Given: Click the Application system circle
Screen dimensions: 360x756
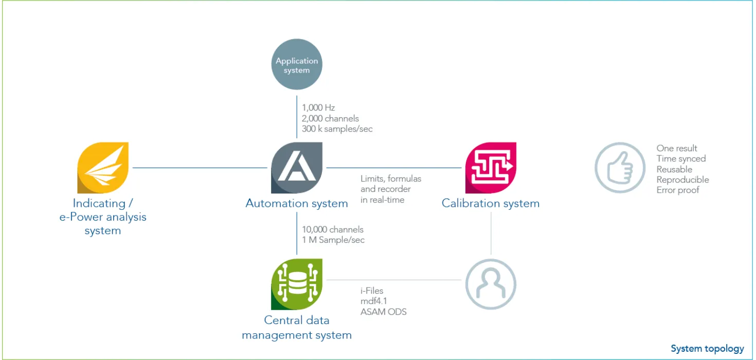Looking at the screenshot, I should (297, 65).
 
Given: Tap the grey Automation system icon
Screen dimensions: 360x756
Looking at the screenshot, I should (297, 168).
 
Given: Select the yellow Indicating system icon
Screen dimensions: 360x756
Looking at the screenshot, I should (103, 168).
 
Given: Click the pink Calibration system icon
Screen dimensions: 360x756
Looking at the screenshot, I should (491, 168).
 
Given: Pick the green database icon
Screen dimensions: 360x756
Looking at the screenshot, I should (297, 284).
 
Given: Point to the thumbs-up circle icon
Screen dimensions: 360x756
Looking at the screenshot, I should (620, 168).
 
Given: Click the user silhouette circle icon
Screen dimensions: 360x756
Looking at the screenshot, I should (491, 284).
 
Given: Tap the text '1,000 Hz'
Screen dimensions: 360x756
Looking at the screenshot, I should (318, 109).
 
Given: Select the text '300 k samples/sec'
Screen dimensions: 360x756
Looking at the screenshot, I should (337, 129).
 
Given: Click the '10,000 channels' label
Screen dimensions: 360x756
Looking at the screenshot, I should (333, 229).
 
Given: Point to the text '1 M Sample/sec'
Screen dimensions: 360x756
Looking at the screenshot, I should (333, 240).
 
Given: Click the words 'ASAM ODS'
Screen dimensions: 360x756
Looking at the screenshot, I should (383, 311).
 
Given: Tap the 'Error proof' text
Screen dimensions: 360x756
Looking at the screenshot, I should (678, 190).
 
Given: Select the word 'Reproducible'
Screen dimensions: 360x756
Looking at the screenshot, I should (682, 179).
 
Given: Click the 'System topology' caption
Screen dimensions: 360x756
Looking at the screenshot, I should (707, 349).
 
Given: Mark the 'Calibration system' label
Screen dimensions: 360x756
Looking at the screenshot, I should (491, 203).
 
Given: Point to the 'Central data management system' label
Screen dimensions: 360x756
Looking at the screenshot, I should (297, 328).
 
